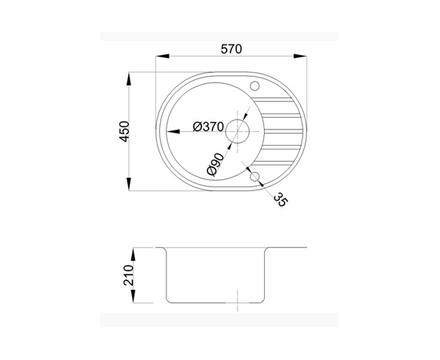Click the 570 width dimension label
[x=231, y=49]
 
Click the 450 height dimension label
[x=125, y=131]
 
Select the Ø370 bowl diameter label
[x=208, y=127]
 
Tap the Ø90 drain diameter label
[x=215, y=165]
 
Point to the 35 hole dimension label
[x=281, y=199]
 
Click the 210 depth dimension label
[x=129, y=275]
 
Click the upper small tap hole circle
[x=254, y=86]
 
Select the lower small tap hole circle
[x=254, y=177]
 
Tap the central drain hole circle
[x=238, y=131]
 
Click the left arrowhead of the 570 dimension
[x=162, y=56]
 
